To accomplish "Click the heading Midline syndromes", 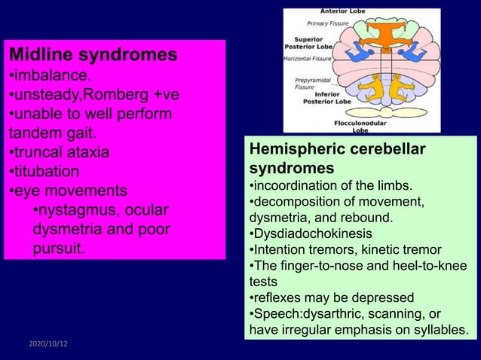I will [x=93, y=55].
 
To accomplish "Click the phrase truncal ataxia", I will [x=59, y=152].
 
